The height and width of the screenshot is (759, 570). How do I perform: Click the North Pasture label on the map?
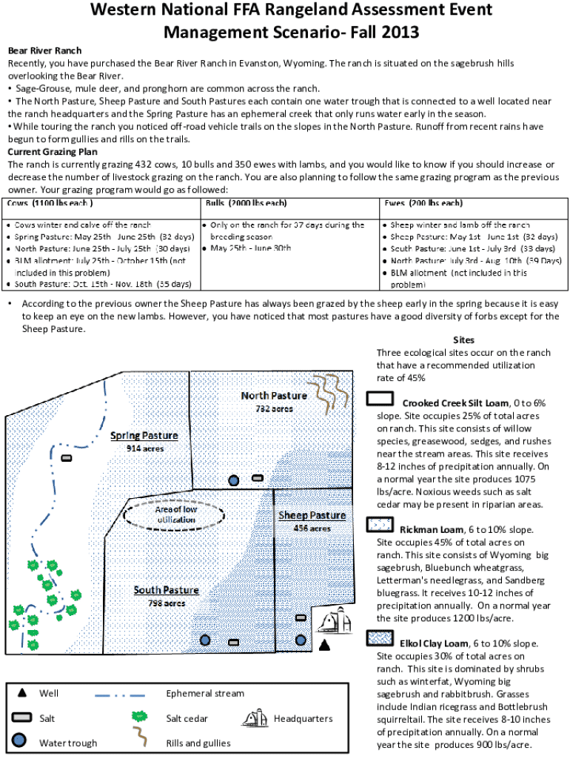[x=273, y=396]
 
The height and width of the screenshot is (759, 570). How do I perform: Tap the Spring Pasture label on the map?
[x=144, y=436]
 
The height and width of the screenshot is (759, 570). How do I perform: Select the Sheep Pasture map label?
[x=312, y=516]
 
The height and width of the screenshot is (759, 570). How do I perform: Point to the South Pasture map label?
[x=166, y=590]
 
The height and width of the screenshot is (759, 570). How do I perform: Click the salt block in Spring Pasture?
[x=67, y=458]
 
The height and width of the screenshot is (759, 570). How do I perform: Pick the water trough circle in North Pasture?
[x=235, y=481]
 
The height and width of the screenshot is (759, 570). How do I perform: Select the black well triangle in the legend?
[x=22, y=693]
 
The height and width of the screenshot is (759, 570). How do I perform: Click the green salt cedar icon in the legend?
[x=137, y=717]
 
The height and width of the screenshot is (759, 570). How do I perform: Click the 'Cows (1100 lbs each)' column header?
[x=50, y=203]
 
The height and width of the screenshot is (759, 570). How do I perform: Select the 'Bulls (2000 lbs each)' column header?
[x=247, y=203]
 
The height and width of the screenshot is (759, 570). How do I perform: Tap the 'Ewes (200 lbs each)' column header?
[x=423, y=203]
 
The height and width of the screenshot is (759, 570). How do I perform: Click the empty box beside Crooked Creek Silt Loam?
[x=380, y=400]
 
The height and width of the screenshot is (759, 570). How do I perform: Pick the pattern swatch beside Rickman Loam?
[x=380, y=525]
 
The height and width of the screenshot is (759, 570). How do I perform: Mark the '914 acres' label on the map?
[x=144, y=448]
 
